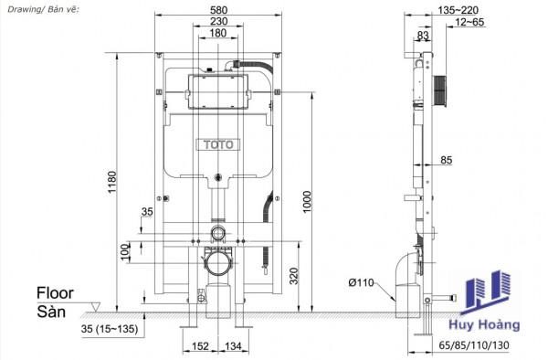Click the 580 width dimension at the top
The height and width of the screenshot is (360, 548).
[x=219, y=9]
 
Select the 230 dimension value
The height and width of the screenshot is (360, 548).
[x=219, y=21]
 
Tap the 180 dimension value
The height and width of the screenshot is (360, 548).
[x=218, y=33]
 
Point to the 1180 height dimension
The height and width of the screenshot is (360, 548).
[x=111, y=182]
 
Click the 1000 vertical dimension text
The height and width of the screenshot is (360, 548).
[x=307, y=202]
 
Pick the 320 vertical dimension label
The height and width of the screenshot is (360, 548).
[x=294, y=276]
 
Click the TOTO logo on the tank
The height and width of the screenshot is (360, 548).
[x=218, y=144]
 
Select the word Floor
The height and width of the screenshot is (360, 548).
[x=55, y=293]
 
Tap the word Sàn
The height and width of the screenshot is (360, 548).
[x=51, y=312]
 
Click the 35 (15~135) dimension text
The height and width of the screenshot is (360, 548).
[x=110, y=329]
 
